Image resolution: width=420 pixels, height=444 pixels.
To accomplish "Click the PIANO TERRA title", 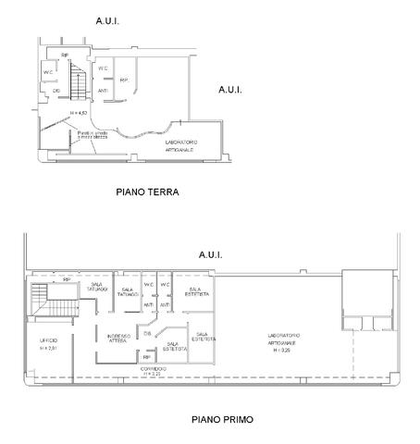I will tap(146, 192).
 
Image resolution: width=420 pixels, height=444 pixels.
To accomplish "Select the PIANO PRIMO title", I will tap(222, 418).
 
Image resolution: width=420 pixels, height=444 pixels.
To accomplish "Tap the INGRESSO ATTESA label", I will tap(118, 338).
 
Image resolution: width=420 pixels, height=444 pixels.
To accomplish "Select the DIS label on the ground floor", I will tap(56, 91).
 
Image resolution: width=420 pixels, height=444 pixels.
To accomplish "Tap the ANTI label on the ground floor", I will tap(104, 90).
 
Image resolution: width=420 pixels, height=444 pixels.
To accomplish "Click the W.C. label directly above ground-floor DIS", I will tap(47, 73).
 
